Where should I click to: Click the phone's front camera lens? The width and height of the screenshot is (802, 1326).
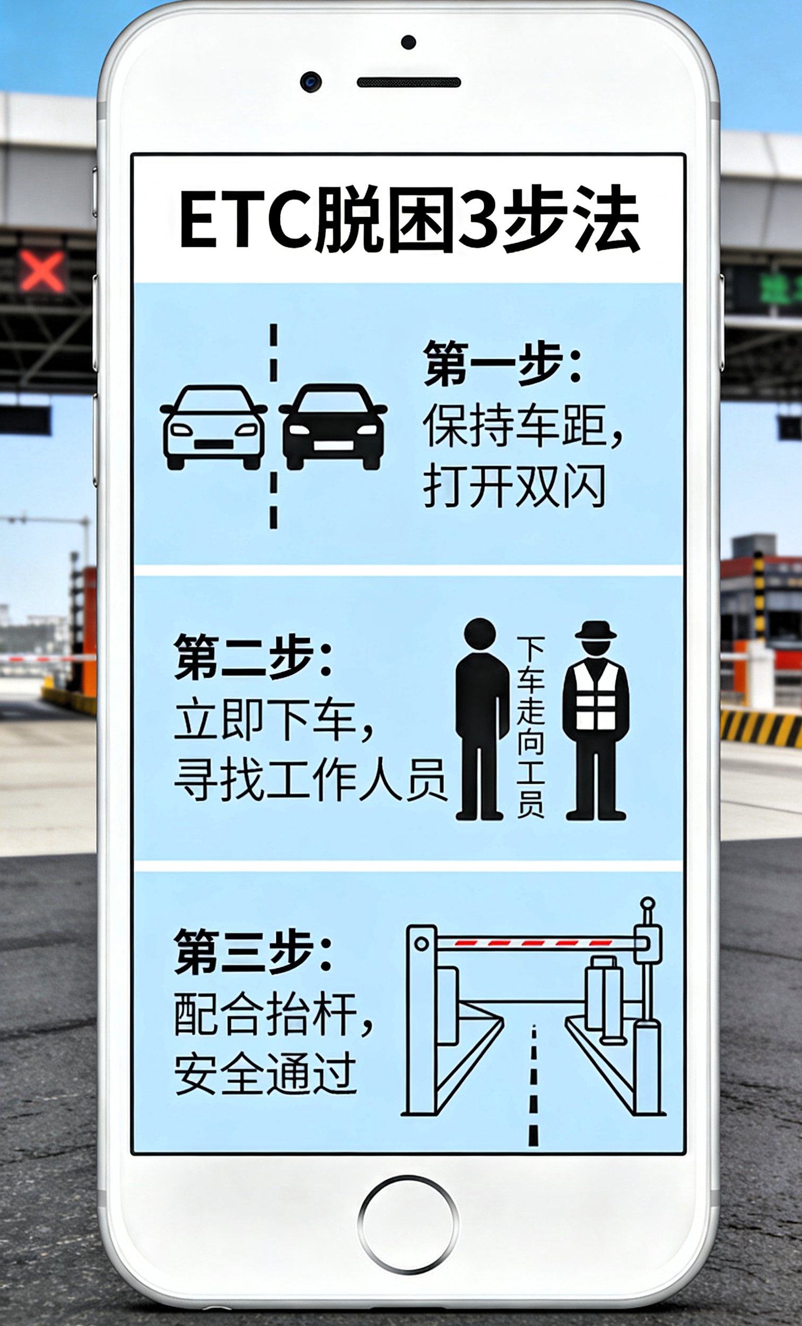pyautogui.click(x=311, y=82)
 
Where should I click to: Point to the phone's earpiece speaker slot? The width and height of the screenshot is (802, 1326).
pyautogui.click(x=409, y=82)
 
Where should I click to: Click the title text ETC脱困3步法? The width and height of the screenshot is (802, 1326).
pyautogui.click(x=409, y=220)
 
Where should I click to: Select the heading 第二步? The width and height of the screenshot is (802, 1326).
pyautogui.click(x=252, y=658)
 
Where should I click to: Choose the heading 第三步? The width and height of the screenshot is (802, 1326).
pyautogui.click(x=252, y=952)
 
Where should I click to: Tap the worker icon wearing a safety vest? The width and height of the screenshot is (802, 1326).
pyautogui.click(x=596, y=720)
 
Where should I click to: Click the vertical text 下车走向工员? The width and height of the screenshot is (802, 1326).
pyautogui.click(x=530, y=727)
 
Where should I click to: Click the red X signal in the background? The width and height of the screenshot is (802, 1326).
pyautogui.click(x=42, y=271)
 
